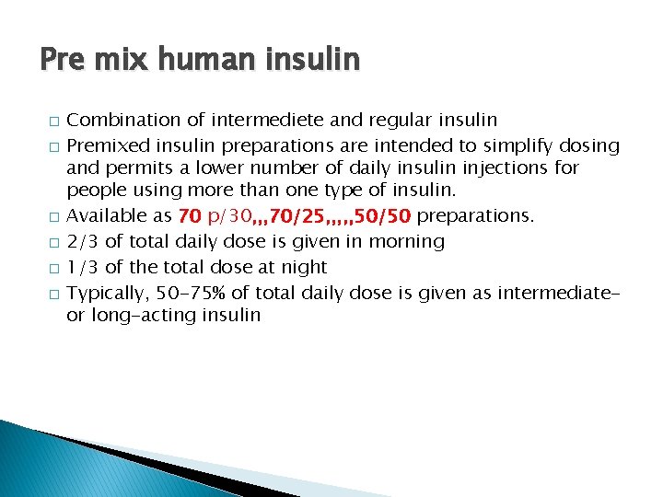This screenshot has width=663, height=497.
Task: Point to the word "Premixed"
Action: pos(104,144)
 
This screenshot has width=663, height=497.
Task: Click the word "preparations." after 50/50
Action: pos(475,217)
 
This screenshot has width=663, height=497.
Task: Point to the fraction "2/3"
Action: pos(83,242)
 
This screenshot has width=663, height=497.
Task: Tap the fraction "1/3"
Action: pos(83,267)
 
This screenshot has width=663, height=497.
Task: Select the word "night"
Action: pos(304,267)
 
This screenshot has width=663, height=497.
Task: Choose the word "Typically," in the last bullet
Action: pos(106,293)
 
